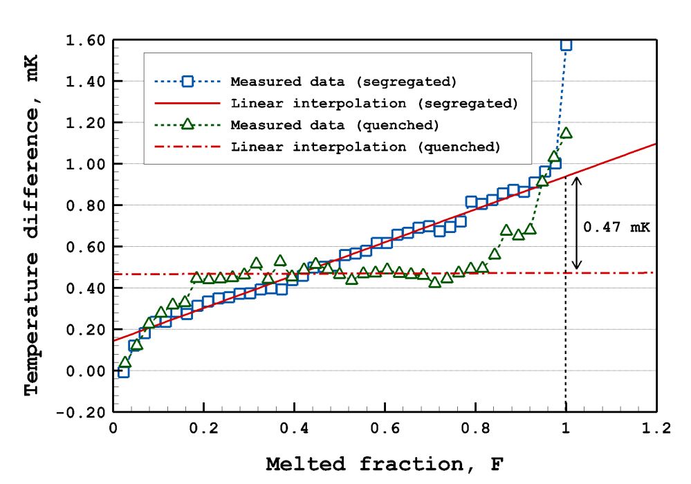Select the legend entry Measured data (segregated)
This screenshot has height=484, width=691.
(x=344, y=82)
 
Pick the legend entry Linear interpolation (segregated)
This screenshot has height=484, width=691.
(x=374, y=104)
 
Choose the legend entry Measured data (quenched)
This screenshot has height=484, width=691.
(x=335, y=125)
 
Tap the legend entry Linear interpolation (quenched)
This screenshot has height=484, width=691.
(x=365, y=147)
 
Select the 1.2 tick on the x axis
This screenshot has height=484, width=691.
(x=656, y=429)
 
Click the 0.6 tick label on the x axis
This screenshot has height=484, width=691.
(x=385, y=429)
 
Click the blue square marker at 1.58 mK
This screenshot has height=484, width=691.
(x=566, y=44)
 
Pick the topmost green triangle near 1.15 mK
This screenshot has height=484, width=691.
(x=566, y=133)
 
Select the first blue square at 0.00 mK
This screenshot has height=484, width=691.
(x=123, y=372)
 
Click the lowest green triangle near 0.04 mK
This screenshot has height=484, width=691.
(x=125, y=362)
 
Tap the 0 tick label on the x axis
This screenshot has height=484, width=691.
(x=113, y=429)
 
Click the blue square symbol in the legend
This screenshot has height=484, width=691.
(x=186, y=82)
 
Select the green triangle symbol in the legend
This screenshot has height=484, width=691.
(x=186, y=125)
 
